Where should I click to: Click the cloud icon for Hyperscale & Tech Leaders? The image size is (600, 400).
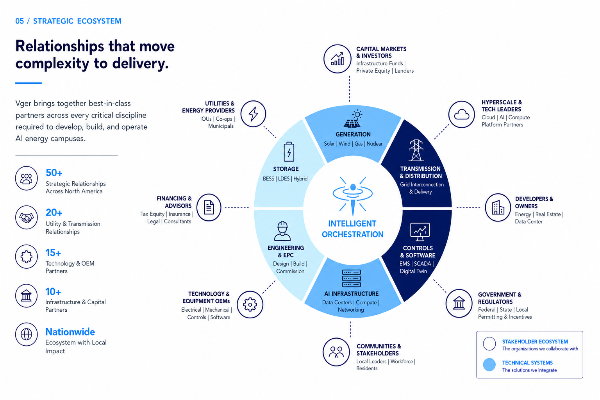(x=461, y=114)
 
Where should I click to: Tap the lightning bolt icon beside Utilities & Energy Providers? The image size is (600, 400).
(x=253, y=114)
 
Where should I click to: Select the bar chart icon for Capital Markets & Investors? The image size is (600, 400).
(x=337, y=59)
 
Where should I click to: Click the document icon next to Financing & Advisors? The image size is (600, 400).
(x=209, y=207)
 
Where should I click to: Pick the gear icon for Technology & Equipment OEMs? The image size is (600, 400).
(x=250, y=305)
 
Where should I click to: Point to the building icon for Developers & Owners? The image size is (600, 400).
(x=498, y=207)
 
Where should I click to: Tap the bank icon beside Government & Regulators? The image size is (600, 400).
(x=459, y=303)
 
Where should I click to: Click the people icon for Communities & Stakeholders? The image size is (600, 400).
(x=336, y=352)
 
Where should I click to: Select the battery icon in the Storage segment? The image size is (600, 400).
(x=289, y=152)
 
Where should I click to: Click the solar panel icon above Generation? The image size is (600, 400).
(x=353, y=119)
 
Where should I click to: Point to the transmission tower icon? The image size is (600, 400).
(x=416, y=150)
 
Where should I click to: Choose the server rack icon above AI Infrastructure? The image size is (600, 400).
(x=352, y=279)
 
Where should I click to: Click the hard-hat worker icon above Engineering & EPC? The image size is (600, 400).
(x=282, y=231)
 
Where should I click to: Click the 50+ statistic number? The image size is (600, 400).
(x=54, y=173)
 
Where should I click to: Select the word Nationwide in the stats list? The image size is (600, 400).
(x=70, y=332)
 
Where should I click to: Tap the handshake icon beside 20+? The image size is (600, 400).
(x=26, y=218)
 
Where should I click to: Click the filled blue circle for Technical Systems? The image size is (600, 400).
(x=489, y=364)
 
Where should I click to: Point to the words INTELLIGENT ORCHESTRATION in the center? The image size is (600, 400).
(x=352, y=229)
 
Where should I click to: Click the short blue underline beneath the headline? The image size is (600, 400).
(x=29, y=83)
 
